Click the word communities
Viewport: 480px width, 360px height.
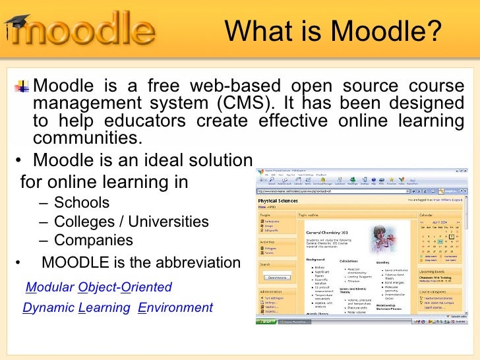[87, 138]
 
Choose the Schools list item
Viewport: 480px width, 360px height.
[82, 202]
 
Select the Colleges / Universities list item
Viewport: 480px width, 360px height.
[131, 222]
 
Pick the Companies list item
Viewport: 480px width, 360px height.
[93, 241]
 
